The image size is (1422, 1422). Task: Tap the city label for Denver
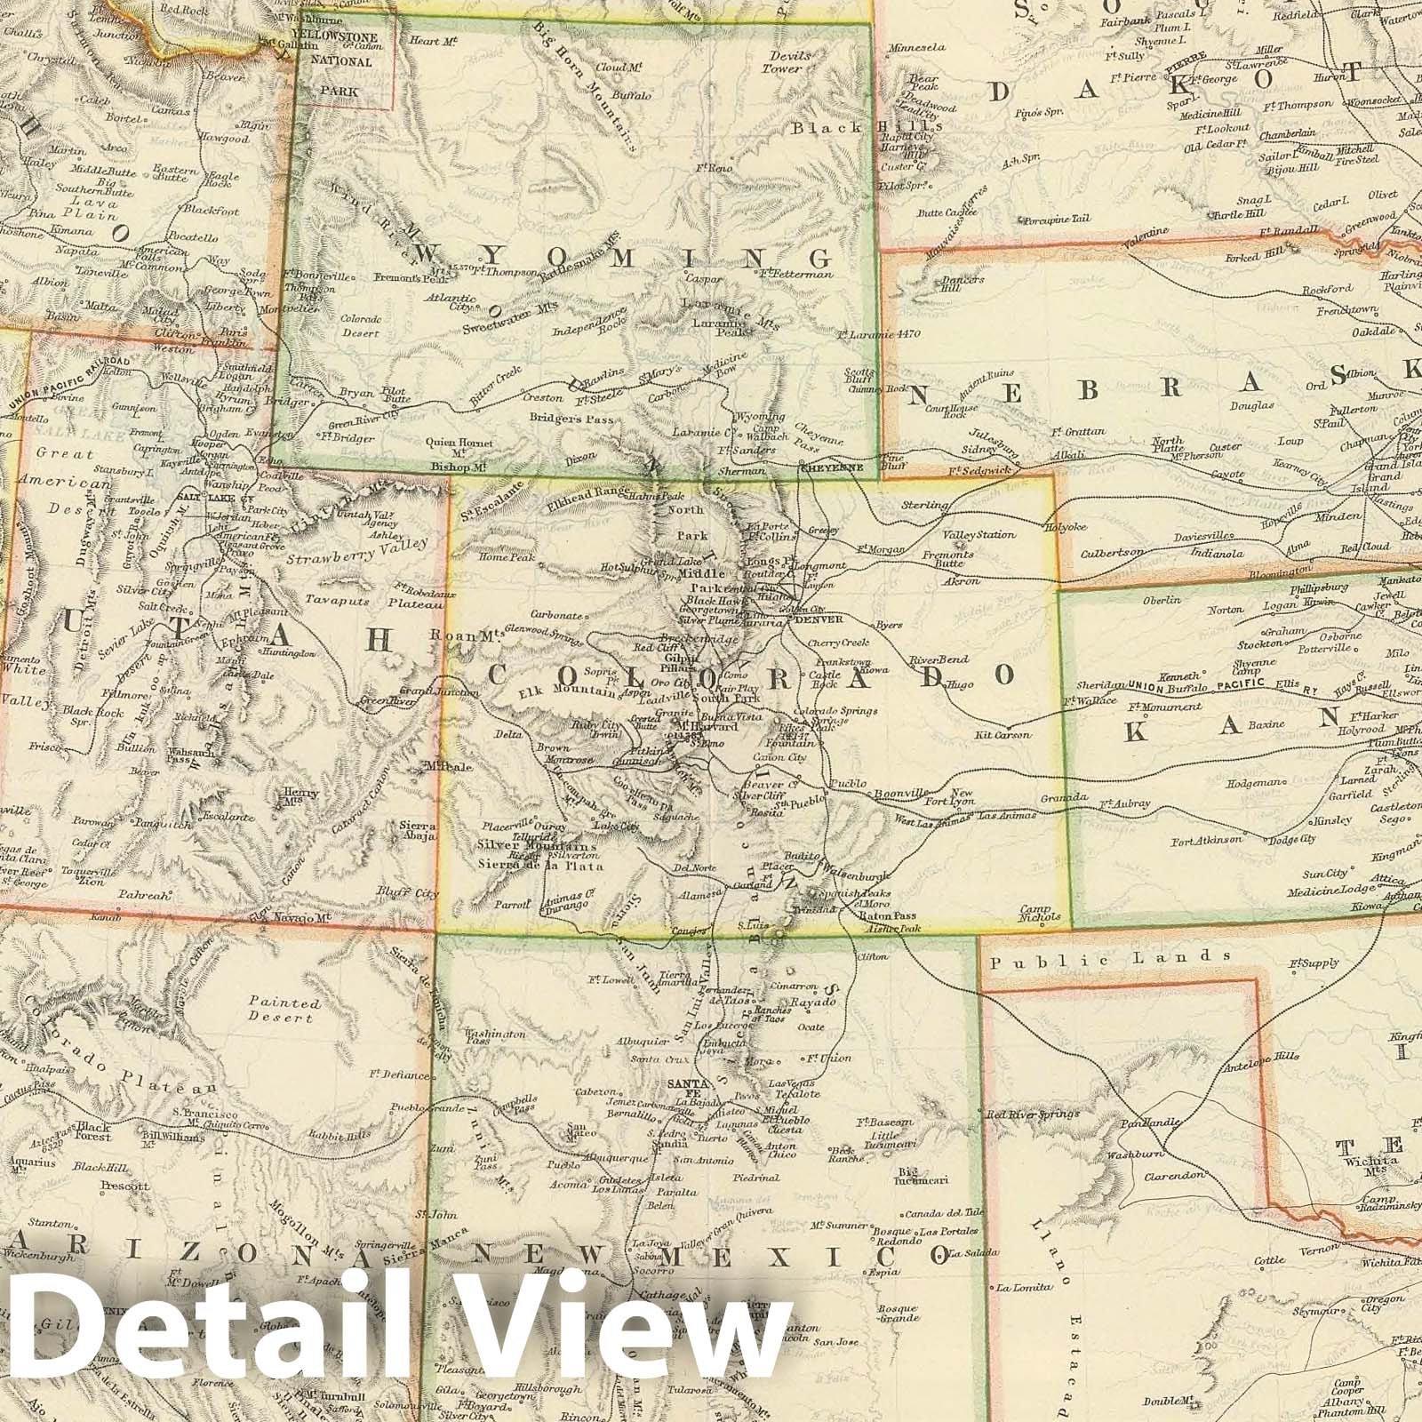(x=815, y=620)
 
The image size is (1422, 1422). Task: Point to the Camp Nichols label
(x=1040, y=912)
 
